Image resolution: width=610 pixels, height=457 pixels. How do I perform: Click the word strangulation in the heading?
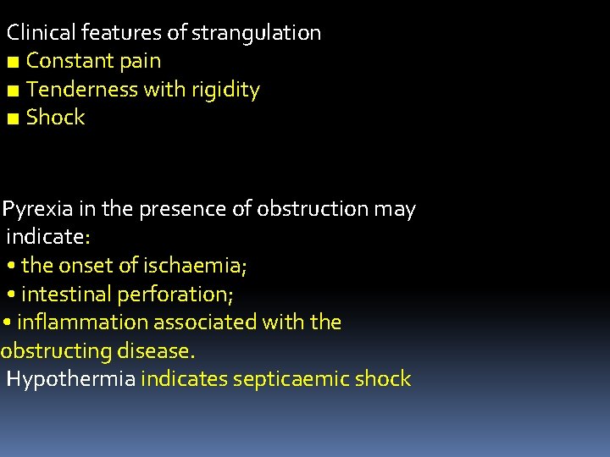click(x=256, y=34)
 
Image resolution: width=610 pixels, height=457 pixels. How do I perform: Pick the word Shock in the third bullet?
click(x=56, y=117)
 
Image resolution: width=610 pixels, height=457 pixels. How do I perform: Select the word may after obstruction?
click(x=394, y=209)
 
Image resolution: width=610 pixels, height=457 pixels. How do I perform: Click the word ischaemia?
click(x=195, y=266)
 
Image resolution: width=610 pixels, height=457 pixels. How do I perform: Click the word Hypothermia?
click(x=70, y=379)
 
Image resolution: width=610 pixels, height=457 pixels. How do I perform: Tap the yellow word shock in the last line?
click(x=382, y=378)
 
